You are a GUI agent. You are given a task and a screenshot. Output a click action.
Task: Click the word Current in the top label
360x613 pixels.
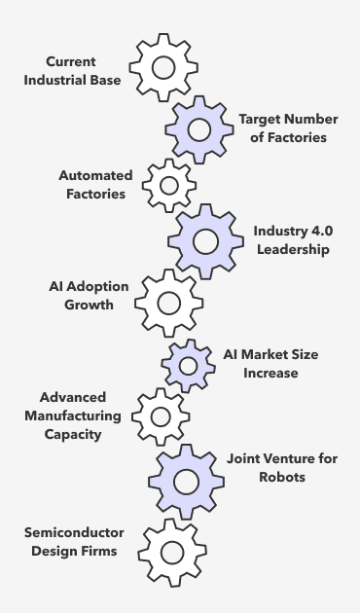point(71,61)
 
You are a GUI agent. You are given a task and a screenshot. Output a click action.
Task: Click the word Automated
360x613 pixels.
point(95,175)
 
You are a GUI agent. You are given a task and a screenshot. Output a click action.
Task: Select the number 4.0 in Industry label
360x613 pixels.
point(322,231)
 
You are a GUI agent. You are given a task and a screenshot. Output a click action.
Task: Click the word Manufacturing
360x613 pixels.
point(73,416)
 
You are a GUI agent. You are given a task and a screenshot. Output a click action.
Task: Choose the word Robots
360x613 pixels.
point(282,477)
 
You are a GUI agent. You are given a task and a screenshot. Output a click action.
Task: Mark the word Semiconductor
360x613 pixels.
point(74,532)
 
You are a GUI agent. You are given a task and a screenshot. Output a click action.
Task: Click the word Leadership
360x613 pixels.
point(293,249)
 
